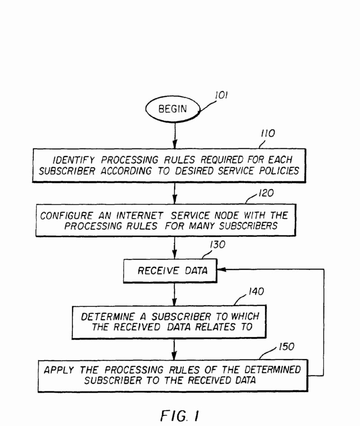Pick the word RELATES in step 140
pyautogui.click(x=218, y=327)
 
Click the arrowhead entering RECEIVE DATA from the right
pyautogui.click(x=222, y=270)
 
